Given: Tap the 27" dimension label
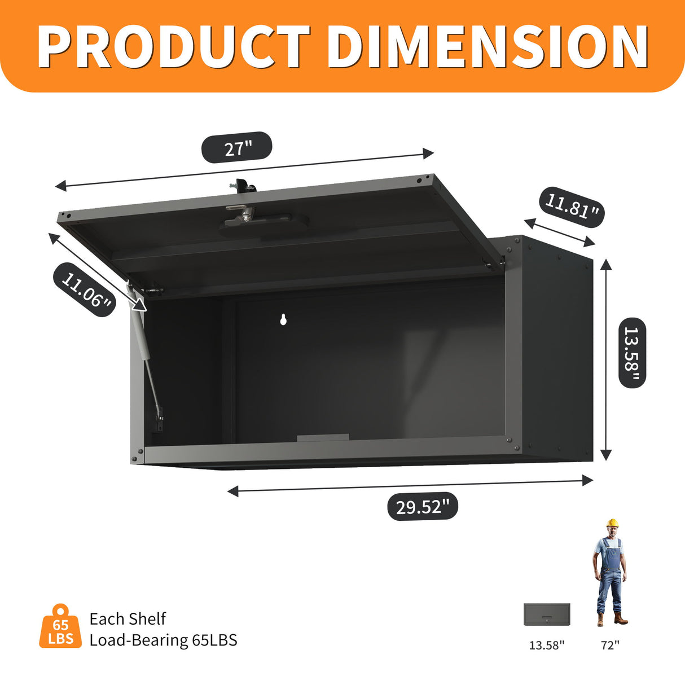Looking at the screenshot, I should (237, 148).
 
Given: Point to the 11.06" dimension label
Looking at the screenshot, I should (85, 290).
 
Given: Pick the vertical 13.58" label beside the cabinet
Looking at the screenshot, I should (632, 353).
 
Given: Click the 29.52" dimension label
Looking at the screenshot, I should (422, 506).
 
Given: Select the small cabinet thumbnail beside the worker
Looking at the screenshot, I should (547, 614).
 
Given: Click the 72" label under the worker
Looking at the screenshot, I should (610, 645).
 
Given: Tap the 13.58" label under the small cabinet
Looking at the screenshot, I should (546, 645).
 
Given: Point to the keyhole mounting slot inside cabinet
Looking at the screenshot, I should (284, 320).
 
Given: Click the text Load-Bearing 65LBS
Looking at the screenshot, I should (163, 640).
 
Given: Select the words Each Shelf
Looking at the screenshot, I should (128, 618).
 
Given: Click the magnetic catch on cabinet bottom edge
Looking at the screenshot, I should (323, 438).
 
